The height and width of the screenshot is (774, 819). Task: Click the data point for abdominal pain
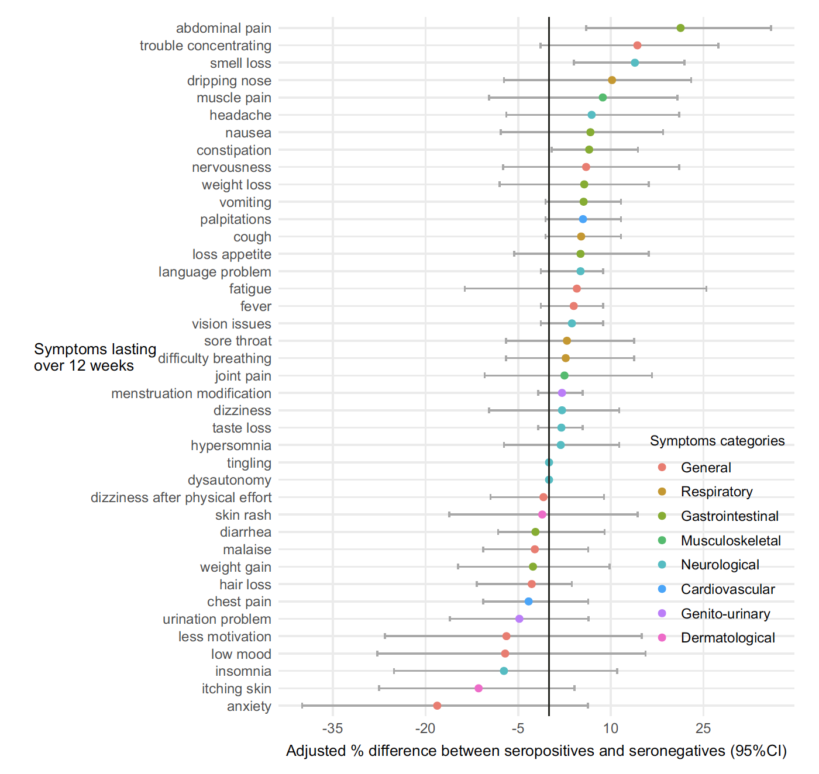(680, 28)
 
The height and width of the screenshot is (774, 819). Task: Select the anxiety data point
(437, 706)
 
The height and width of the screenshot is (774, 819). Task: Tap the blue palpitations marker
(583, 219)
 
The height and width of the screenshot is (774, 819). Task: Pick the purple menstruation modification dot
(562, 393)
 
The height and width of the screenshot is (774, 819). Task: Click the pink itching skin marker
(479, 688)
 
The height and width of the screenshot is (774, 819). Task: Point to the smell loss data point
(635, 63)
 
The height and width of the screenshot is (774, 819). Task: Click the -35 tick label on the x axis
(333, 728)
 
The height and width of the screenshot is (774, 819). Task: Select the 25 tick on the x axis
(703, 728)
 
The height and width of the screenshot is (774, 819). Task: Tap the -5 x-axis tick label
(518, 728)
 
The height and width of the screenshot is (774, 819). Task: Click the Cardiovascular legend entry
(728, 589)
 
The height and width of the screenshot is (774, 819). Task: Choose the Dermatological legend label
(728, 638)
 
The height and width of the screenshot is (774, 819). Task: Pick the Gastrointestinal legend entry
(729, 516)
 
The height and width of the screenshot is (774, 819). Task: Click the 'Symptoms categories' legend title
(717, 441)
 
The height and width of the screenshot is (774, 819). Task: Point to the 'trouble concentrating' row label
(205, 46)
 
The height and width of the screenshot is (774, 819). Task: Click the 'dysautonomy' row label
(229, 480)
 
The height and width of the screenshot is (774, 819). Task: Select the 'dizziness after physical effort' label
(181, 497)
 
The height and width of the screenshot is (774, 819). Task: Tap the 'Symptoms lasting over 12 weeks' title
(95, 357)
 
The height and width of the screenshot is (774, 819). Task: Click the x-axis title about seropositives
(536, 751)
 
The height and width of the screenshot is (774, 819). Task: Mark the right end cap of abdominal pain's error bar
(771, 28)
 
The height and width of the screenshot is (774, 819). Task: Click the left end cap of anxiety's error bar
(302, 706)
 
